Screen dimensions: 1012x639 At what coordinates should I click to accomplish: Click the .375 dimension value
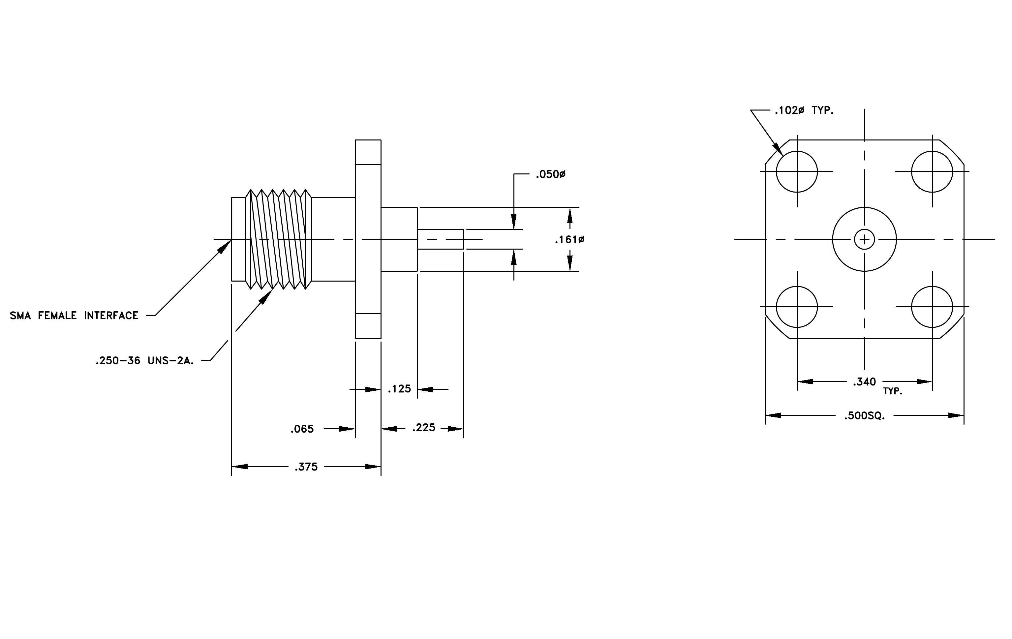pyautogui.click(x=306, y=467)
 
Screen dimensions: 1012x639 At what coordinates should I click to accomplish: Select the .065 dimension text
pyautogui.click(x=302, y=429)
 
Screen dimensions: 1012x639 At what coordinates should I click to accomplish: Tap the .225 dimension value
pyautogui.click(x=424, y=428)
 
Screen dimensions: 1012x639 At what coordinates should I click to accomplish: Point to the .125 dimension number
pyautogui.click(x=399, y=389)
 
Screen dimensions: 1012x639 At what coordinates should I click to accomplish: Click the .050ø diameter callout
pyautogui.click(x=551, y=174)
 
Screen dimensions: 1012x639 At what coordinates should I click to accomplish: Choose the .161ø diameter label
pyautogui.click(x=569, y=240)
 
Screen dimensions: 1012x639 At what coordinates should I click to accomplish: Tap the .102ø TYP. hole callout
pyautogui.click(x=804, y=110)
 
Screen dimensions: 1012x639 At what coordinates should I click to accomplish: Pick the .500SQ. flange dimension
pyautogui.click(x=865, y=416)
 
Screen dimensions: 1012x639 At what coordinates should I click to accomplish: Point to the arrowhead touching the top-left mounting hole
pyautogui.click(x=778, y=149)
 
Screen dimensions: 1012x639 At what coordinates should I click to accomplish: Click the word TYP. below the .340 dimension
pyautogui.click(x=893, y=392)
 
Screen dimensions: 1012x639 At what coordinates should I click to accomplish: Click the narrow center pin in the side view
pyautogui.click(x=441, y=239)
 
